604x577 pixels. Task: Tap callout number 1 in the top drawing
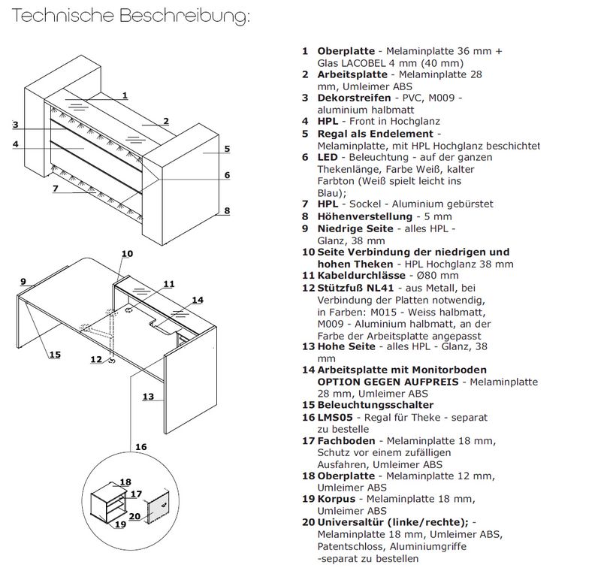(x=125, y=95)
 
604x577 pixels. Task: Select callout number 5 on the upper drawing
(x=226, y=149)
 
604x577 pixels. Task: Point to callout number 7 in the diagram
(x=55, y=188)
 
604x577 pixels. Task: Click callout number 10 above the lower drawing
(x=127, y=253)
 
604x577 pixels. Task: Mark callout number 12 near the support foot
(x=95, y=359)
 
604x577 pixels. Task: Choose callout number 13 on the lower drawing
(x=147, y=396)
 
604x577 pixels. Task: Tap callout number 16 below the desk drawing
(x=140, y=446)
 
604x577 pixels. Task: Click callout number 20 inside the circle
(x=134, y=515)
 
